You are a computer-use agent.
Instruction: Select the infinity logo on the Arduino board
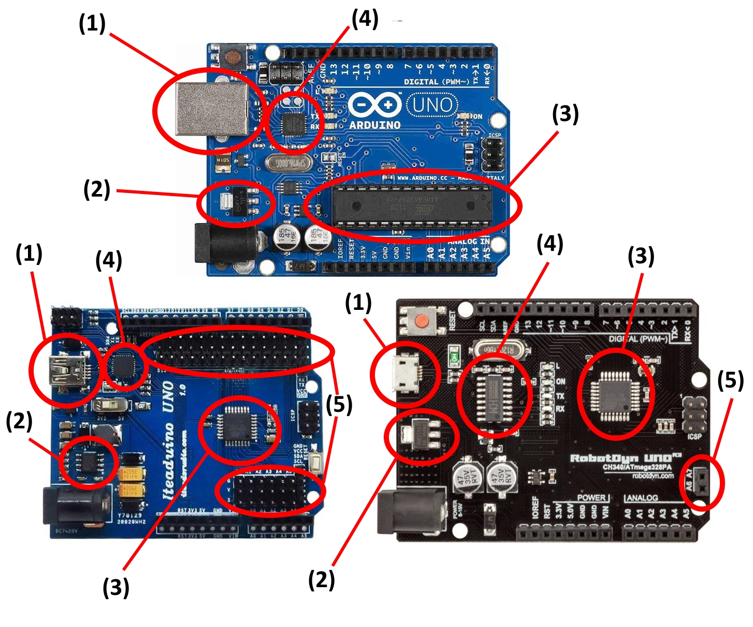pyautogui.click(x=374, y=105)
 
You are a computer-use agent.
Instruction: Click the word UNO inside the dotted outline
pyautogui.click(x=432, y=105)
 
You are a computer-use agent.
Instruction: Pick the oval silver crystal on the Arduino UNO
pyautogui.click(x=287, y=163)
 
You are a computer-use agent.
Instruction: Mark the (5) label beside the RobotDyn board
pyautogui.click(x=730, y=380)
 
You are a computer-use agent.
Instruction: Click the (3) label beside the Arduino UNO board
pyautogui.click(x=565, y=114)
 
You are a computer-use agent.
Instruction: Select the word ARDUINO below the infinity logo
pyautogui.click(x=374, y=125)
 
